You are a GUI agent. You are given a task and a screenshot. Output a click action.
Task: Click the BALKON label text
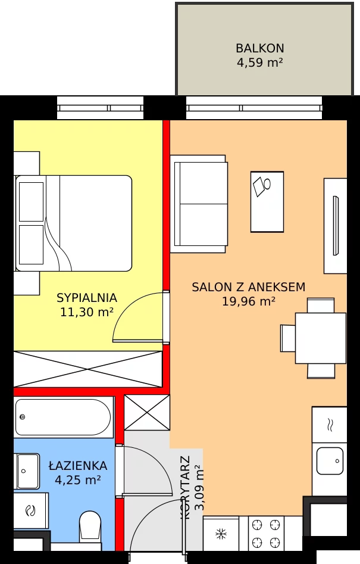click(260, 48)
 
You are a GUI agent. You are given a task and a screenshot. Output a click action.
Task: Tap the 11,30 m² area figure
click(87, 312)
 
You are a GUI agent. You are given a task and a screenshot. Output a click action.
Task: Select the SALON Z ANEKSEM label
click(248, 286)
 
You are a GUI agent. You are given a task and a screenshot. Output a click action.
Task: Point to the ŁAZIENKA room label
click(77, 466)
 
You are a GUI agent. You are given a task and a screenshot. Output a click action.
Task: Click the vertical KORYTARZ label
click(186, 487)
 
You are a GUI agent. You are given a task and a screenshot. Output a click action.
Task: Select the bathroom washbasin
click(27, 471)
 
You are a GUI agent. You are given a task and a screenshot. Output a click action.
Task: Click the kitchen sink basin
click(330, 461)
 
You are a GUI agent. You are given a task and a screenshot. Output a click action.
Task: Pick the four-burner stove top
click(266, 534)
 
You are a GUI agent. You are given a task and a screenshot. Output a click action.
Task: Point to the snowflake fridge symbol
click(221, 534)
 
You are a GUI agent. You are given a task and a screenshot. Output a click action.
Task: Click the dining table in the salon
click(321, 338)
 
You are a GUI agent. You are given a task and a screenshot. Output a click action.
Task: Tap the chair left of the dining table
click(288, 338)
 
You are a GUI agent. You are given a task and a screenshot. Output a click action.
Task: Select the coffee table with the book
click(267, 202)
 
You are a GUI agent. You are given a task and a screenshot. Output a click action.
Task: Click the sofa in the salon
click(199, 204)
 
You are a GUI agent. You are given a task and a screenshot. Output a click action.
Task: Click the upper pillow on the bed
click(32, 202)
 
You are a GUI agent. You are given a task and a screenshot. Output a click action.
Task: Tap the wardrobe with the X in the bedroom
click(88, 369)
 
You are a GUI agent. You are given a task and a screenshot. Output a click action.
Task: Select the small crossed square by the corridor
click(147, 412)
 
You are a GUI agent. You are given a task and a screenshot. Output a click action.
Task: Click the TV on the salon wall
click(336, 226)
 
